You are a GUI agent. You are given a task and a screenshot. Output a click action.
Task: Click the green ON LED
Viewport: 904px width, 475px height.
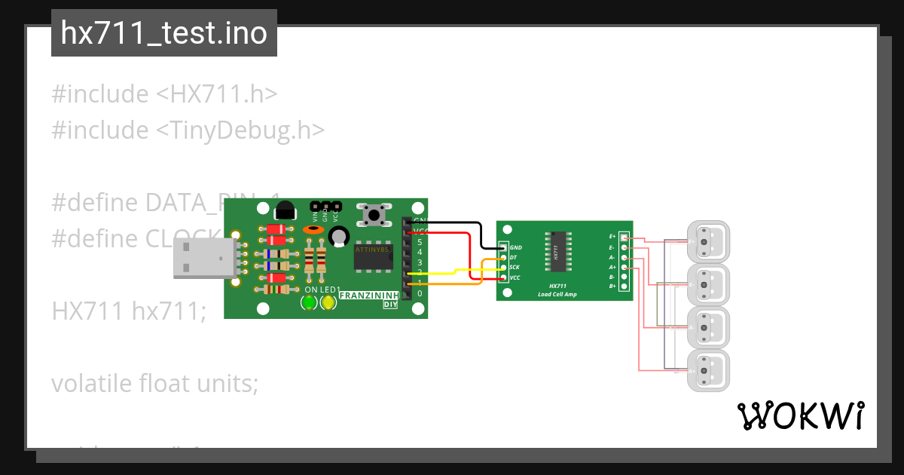(x=309, y=303)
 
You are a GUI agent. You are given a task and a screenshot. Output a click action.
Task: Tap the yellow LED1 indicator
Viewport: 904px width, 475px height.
(x=328, y=303)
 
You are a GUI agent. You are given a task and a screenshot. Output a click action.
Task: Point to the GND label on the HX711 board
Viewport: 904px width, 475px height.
(x=516, y=247)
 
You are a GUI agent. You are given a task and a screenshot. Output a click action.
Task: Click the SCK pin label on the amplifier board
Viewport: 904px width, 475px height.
(x=514, y=268)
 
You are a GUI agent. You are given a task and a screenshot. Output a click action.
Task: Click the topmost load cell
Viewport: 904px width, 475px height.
(x=709, y=242)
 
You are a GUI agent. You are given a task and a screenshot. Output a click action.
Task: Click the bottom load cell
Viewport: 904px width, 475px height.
(x=709, y=371)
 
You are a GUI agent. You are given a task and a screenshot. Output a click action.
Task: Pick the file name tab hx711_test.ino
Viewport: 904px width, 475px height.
(x=164, y=33)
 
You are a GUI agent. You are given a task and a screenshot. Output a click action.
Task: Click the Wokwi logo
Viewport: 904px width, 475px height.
(x=800, y=415)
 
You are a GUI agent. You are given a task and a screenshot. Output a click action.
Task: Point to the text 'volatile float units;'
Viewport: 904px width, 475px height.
(x=154, y=383)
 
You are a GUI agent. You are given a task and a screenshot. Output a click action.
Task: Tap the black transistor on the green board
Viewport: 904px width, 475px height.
(x=285, y=211)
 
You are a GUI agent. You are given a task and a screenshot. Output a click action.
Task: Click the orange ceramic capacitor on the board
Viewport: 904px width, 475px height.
(x=313, y=229)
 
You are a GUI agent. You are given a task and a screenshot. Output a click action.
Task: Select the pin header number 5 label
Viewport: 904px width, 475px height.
(x=420, y=242)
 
